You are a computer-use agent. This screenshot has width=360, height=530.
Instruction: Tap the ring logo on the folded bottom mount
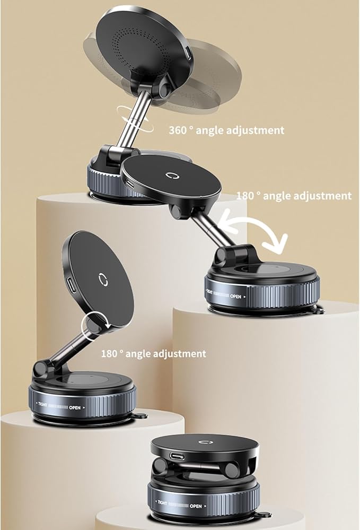[x=204, y=441]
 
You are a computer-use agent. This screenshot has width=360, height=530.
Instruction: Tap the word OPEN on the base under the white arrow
[x=237, y=294]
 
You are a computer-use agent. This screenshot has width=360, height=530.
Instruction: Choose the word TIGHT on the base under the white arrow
[x=212, y=292]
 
